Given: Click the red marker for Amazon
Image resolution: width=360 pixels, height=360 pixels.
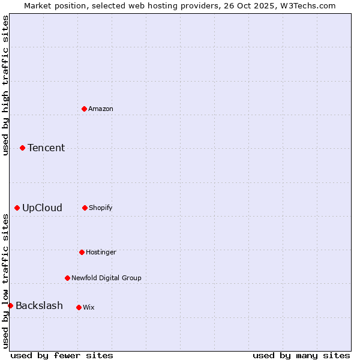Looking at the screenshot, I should [84, 109].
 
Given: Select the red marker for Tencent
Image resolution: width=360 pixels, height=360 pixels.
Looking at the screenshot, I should [22, 148].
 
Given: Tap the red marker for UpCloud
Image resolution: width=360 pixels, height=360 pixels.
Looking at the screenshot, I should [17, 208].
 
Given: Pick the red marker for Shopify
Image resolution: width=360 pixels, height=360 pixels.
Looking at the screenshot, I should [85, 208].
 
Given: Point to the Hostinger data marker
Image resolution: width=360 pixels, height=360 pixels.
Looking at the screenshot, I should [82, 252].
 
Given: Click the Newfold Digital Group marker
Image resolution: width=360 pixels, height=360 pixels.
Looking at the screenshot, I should [67, 278].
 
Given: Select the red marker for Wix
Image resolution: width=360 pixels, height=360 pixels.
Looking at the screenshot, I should [79, 307].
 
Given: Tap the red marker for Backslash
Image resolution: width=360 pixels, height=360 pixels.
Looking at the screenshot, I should [10, 305].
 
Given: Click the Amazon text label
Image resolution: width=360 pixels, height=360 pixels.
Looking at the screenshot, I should [101, 109].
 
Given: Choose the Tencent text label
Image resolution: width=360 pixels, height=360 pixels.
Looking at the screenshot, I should [46, 148].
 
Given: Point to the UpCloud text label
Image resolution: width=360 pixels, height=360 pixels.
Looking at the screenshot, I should [42, 208].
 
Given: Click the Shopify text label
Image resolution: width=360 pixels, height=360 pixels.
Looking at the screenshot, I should [101, 208].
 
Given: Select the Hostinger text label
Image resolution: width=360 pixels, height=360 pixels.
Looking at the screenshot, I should [101, 252].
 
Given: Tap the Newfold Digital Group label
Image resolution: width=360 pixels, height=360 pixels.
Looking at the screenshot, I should [106, 278].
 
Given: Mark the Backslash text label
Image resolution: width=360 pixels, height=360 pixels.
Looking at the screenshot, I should [39, 305].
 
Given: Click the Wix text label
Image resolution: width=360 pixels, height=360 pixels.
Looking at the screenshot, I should [89, 307].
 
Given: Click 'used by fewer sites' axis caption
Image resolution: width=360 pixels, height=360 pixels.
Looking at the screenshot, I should [62, 355].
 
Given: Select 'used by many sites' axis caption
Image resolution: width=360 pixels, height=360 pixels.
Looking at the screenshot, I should [301, 355].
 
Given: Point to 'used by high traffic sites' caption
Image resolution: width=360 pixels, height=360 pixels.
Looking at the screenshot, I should [6, 85].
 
